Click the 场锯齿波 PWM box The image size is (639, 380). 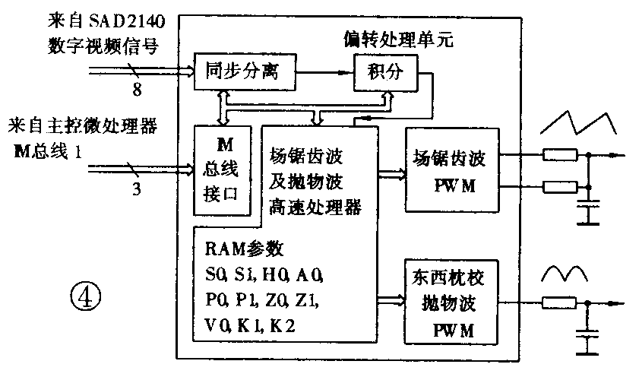452,172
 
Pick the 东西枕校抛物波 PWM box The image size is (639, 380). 452,300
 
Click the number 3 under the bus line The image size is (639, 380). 136,188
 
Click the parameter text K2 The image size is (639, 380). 283,325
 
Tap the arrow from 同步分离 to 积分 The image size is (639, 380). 327,72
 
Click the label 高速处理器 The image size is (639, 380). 314,205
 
